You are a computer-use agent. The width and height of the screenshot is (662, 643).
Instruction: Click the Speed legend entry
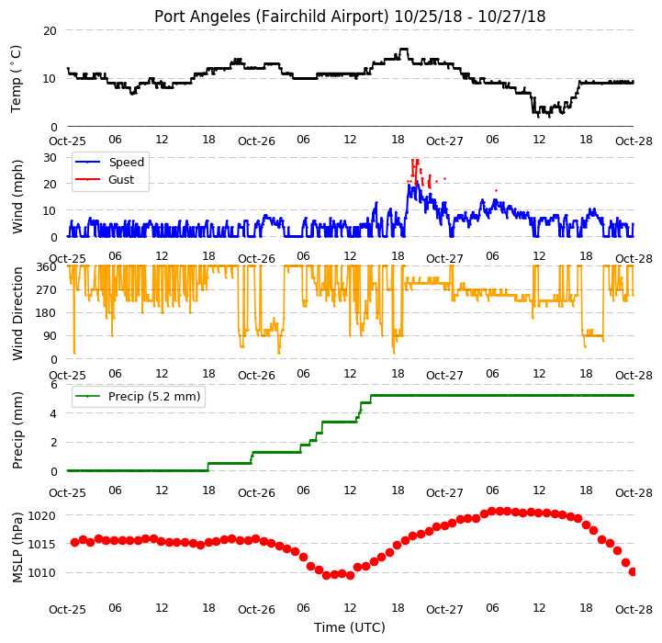(x=109, y=163)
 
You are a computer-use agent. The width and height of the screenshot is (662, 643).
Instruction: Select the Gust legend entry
(x=105, y=179)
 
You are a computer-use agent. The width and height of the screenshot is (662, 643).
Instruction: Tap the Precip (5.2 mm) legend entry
(x=137, y=396)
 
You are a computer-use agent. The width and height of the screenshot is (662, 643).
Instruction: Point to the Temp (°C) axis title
(x=16, y=79)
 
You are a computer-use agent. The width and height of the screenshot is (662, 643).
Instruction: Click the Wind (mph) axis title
(x=17, y=197)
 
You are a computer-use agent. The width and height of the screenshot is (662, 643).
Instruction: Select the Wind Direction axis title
(x=17, y=313)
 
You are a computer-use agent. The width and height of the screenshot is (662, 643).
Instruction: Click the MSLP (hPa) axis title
(x=17, y=547)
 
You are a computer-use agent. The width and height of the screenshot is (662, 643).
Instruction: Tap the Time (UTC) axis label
(x=350, y=627)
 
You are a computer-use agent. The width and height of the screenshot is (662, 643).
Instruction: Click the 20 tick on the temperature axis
(x=50, y=31)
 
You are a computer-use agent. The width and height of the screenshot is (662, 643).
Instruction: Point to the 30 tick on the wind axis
(x=50, y=158)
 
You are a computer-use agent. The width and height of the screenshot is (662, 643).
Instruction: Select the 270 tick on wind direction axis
(x=47, y=290)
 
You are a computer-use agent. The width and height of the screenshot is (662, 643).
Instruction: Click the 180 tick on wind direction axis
(x=47, y=313)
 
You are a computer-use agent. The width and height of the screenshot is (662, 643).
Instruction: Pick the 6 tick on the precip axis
(x=53, y=385)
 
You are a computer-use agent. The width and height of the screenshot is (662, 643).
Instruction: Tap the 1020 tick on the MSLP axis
(x=42, y=516)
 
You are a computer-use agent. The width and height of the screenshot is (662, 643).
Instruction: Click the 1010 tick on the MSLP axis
(x=42, y=573)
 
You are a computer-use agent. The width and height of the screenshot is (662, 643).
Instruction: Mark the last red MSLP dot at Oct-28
(x=633, y=571)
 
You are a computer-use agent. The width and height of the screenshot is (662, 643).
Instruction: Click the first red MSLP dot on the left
(x=74, y=542)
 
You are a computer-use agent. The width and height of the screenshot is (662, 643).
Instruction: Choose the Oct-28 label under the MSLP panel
(x=634, y=610)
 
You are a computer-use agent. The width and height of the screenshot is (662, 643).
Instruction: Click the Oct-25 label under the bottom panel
(x=68, y=610)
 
